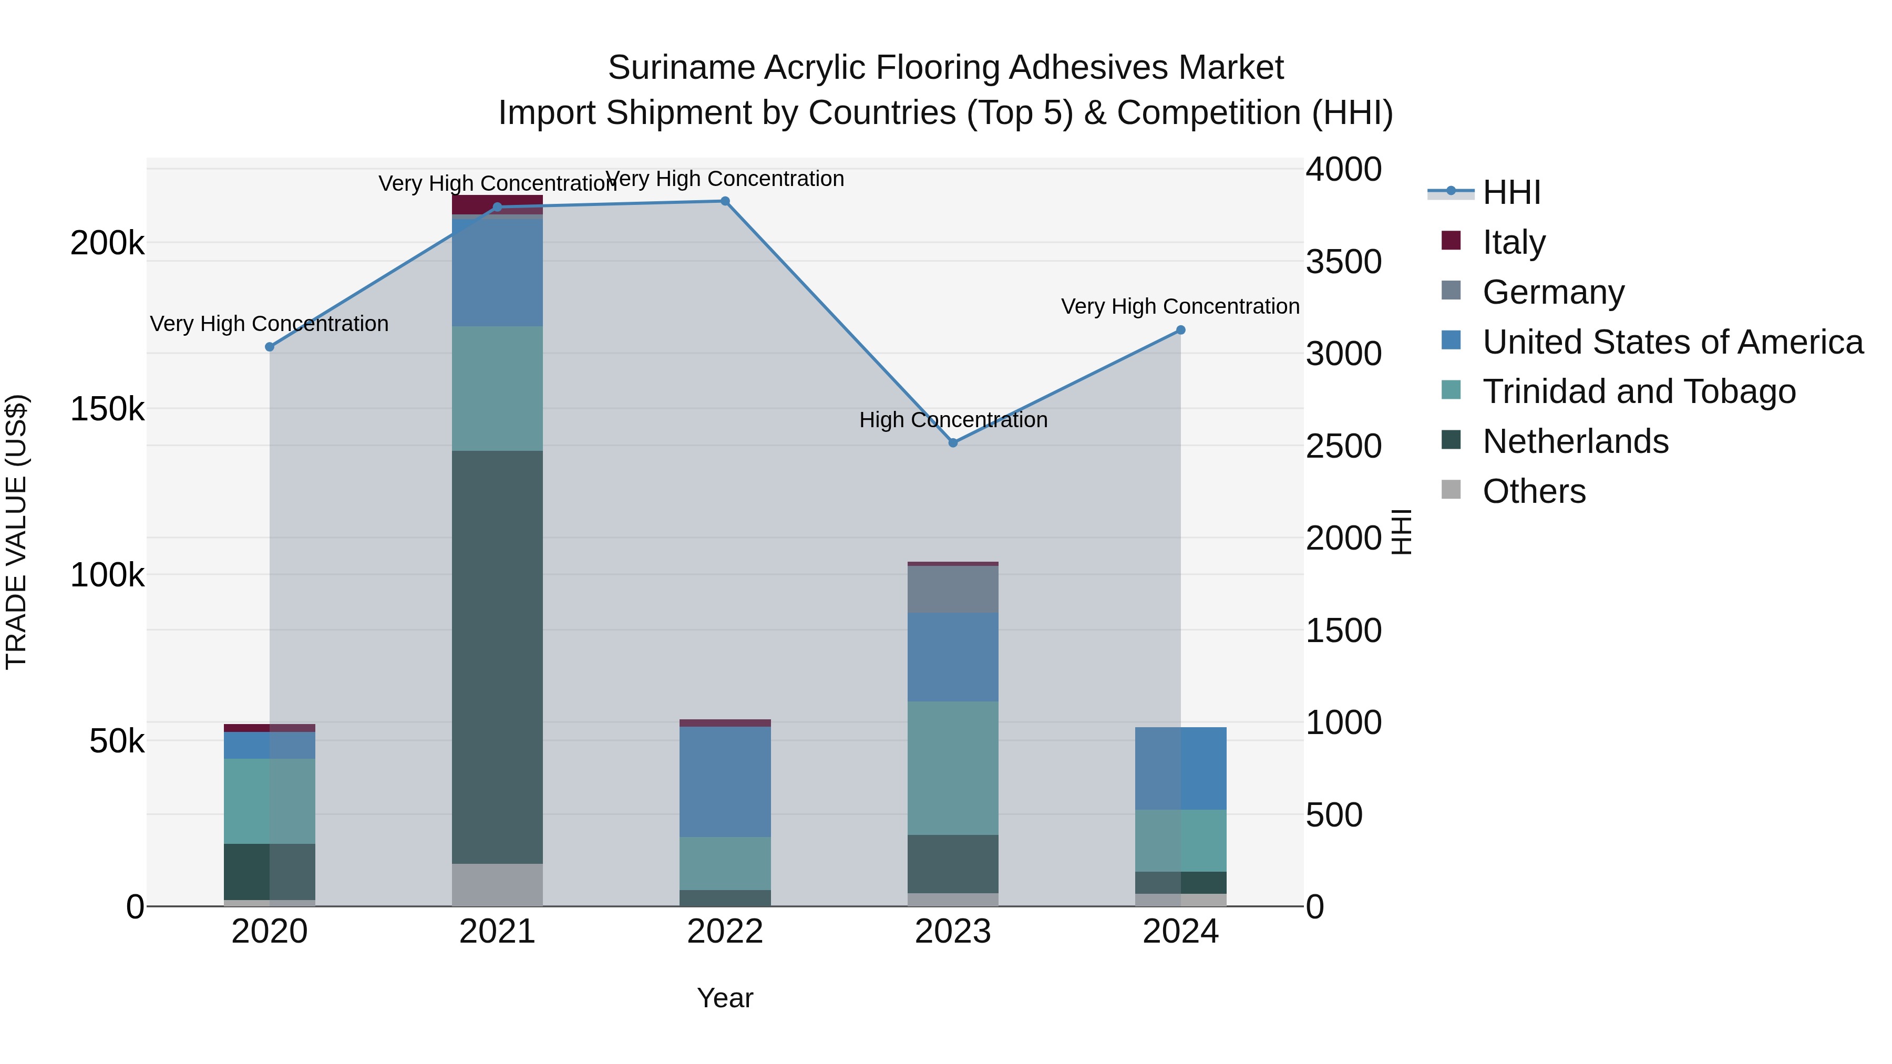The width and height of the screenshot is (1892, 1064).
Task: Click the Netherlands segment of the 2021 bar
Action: pos(497,657)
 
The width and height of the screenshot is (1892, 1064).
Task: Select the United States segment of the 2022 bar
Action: pos(725,781)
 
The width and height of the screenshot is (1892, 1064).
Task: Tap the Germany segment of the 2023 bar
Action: pos(953,589)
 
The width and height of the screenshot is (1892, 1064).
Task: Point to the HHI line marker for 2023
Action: pos(953,443)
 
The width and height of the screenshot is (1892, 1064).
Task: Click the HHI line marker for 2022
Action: pos(725,201)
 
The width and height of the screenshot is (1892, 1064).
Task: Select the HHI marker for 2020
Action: pos(270,347)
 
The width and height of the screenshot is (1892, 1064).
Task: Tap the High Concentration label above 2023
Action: pos(953,420)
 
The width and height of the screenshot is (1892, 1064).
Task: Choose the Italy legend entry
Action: pos(1513,242)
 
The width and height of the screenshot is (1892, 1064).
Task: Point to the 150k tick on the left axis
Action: pos(107,409)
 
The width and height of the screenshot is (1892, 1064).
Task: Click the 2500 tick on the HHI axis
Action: pos(1343,447)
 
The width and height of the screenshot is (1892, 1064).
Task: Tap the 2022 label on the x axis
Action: pos(725,932)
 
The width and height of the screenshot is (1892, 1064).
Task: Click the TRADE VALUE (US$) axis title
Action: pos(16,532)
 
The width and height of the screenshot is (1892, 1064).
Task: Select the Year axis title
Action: pos(725,998)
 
